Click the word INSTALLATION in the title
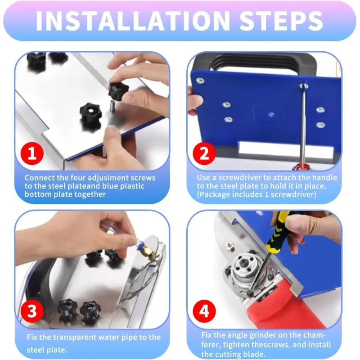click(133, 21)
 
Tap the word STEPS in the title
click(281, 21)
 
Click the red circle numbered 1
click(32, 153)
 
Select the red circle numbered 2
click(204, 153)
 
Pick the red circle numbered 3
click(32, 311)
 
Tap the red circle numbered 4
click(204, 311)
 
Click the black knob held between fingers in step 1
click(118, 90)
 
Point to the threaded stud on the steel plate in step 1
click(112, 105)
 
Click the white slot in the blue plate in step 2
click(286, 150)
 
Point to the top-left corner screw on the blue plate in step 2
click(200, 81)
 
